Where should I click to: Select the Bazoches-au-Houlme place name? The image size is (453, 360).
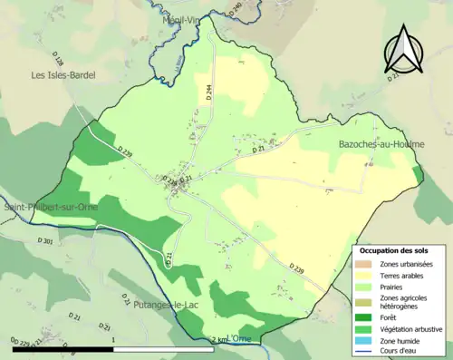(x=381, y=144)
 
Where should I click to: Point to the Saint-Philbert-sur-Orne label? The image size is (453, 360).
(x=51, y=208)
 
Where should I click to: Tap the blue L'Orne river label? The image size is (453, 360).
(x=239, y=338)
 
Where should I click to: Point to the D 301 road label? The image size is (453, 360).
(x=47, y=243)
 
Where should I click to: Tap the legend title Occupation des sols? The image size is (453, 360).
(x=393, y=250)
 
